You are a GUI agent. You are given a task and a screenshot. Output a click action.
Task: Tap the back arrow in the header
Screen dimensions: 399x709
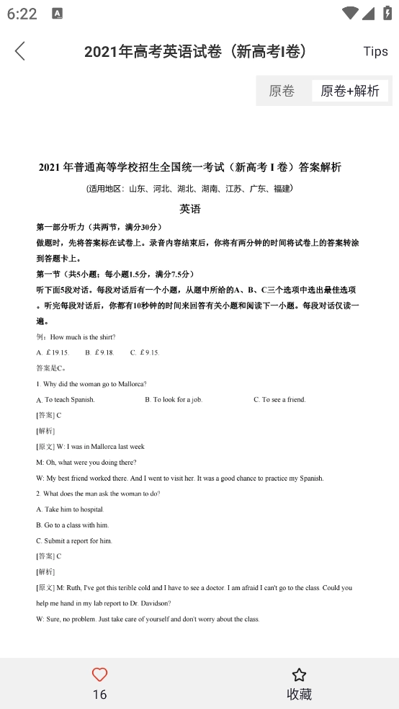[x=20, y=51]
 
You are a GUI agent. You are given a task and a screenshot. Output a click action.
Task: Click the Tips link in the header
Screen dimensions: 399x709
[x=375, y=51]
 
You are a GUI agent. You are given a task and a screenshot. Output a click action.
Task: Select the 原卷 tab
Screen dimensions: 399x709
[x=282, y=91]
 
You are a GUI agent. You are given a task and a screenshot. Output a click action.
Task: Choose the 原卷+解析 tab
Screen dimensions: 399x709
[x=350, y=91]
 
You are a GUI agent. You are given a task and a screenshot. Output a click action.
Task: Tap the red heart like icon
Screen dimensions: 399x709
[x=99, y=674]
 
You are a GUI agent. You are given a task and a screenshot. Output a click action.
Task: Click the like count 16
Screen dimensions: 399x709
[x=99, y=694]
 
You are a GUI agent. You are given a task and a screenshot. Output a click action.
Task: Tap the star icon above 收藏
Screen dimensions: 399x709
[x=299, y=674]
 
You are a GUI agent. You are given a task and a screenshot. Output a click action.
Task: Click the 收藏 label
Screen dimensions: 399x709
[x=299, y=694]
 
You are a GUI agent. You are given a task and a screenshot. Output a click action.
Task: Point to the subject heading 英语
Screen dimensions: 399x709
[x=190, y=209]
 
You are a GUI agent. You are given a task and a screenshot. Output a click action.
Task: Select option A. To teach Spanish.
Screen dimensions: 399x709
[x=66, y=399]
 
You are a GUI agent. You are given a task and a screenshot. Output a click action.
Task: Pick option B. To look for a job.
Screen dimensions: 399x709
[x=174, y=399]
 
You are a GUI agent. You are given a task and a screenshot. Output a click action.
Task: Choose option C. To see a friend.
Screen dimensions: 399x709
[x=279, y=399]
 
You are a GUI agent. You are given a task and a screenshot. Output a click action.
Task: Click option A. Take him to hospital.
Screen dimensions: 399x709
[x=70, y=509]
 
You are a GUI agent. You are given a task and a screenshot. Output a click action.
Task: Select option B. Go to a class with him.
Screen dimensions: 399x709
[x=72, y=525]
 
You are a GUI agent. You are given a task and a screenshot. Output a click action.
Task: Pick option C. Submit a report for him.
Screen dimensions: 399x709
[x=74, y=541]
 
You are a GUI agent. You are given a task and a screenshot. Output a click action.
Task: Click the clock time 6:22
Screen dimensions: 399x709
[x=22, y=14]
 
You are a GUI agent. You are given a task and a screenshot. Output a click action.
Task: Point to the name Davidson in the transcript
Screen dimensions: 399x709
[x=154, y=603]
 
